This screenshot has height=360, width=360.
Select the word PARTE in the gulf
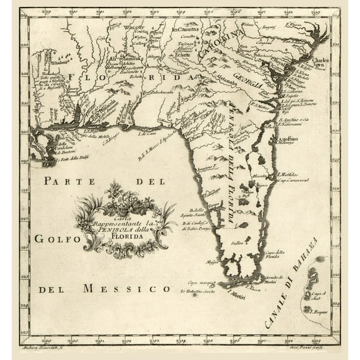pos(68,181)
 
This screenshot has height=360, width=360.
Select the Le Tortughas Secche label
pos(202,291)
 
